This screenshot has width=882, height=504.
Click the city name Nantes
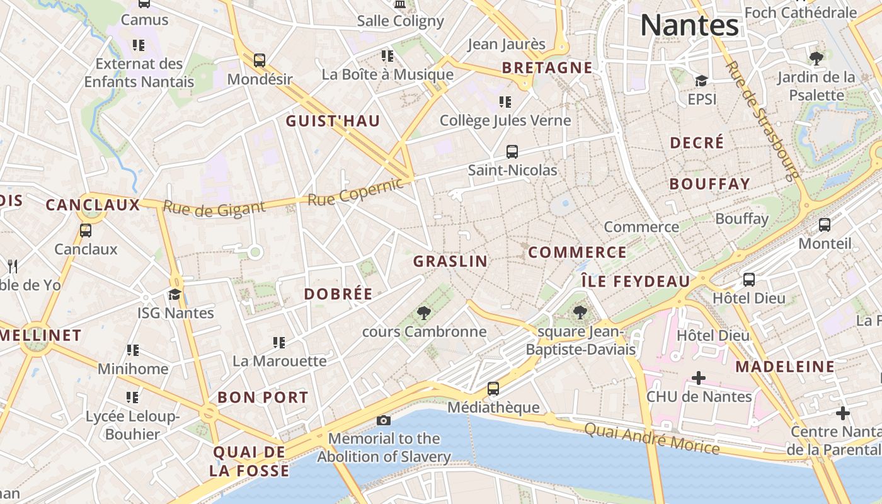tap(689, 26)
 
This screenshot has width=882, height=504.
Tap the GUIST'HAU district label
tap(333, 121)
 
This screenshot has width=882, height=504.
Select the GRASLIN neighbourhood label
tap(450, 261)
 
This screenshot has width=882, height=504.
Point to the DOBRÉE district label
tap(338, 294)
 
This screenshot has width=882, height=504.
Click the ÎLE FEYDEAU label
tap(635, 282)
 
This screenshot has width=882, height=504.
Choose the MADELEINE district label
tap(785, 367)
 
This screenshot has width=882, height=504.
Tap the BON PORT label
tap(263, 398)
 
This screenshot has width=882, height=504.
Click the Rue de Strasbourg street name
tap(762, 120)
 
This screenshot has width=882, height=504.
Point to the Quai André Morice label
tap(651, 438)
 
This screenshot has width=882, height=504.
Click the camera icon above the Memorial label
tap(383, 420)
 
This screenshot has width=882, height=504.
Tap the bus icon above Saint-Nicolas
tap(512, 152)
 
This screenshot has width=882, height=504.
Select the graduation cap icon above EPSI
tap(701, 81)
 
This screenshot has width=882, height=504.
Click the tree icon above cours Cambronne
tap(424, 313)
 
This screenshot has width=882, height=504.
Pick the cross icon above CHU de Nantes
tap(699, 378)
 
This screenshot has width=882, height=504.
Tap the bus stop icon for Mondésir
tap(260, 60)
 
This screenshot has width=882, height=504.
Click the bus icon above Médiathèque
tap(493, 389)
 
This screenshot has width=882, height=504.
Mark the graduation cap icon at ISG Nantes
tap(175, 294)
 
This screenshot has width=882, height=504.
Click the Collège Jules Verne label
tap(505, 120)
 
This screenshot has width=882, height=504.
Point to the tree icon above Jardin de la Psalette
tap(816, 59)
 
